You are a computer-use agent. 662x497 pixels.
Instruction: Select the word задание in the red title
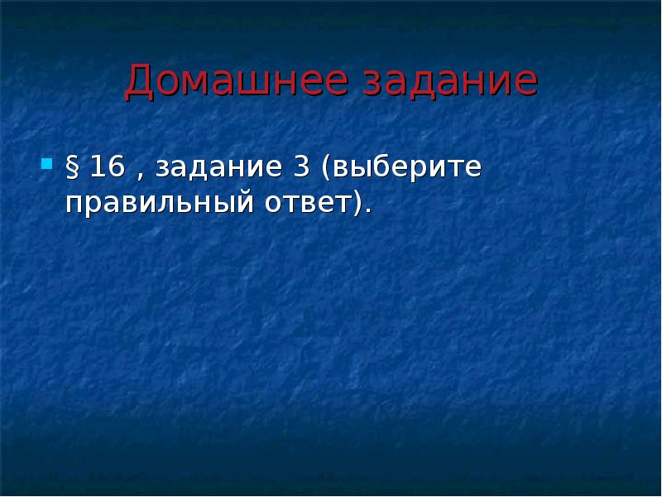point(450,82)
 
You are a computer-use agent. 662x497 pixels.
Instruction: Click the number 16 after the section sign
point(107,166)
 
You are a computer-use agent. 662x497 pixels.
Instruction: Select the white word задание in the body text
point(218,168)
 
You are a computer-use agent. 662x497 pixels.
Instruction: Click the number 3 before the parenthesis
point(300,166)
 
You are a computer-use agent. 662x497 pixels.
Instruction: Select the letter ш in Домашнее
point(249,84)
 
